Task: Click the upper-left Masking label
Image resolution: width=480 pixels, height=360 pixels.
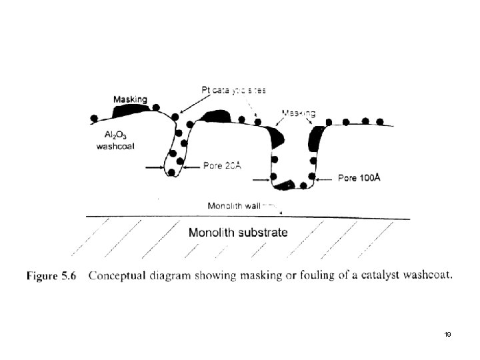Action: coord(130,99)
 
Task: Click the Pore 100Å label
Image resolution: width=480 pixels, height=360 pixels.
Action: coord(361,178)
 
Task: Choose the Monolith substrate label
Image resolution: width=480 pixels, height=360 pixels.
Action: coord(239,233)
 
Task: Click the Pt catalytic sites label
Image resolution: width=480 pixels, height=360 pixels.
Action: coord(234,89)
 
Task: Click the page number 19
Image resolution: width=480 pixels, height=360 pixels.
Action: coord(448,335)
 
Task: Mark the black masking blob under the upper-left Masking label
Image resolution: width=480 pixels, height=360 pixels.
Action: coord(133,108)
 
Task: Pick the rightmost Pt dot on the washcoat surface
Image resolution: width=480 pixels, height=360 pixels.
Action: coord(380,122)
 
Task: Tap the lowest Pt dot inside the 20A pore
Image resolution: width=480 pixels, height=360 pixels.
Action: coord(171,173)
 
